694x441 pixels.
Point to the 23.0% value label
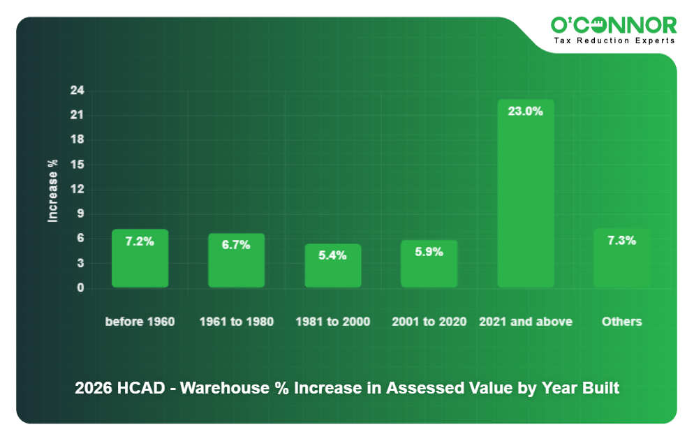[x=525, y=111]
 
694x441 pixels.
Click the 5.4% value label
[x=332, y=255]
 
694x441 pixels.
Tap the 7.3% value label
[x=621, y=241]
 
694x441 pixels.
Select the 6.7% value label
[x=236, y=245]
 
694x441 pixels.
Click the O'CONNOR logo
[x=614, y=25]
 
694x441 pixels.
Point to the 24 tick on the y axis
[x=77, y=91]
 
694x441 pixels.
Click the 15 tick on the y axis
[x=77, y=165]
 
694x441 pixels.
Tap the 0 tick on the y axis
[x=80, y=287]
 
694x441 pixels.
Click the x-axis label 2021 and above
[x=525, y=322]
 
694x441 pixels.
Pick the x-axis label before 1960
[x=140, y=322]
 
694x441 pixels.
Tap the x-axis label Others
[x=621, y=322]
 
